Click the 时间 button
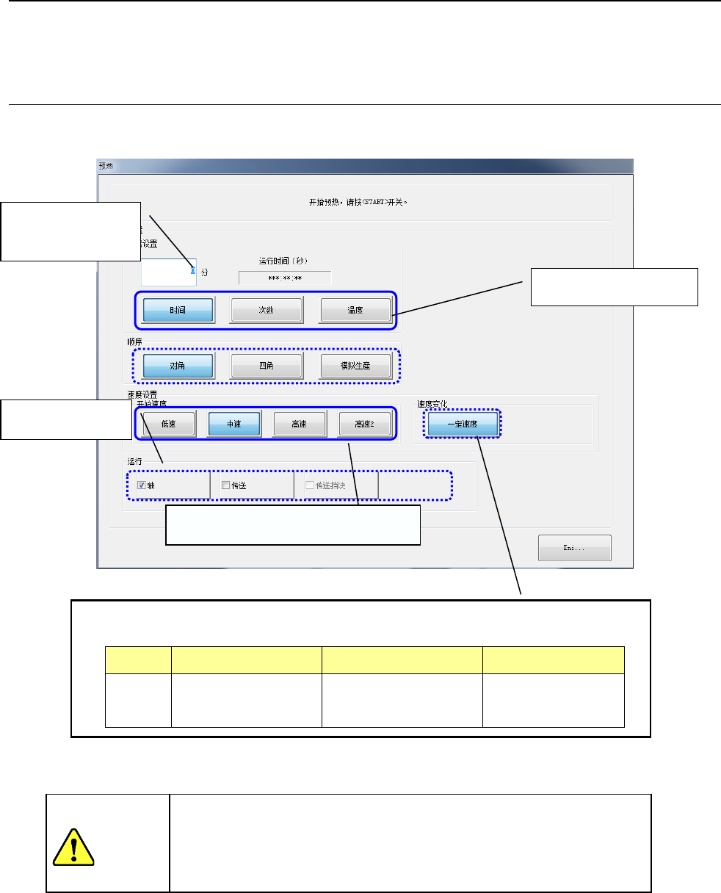coord(178,311)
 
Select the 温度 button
coord(355,311)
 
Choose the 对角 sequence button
coord(178,366)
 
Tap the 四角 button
coord(267,366)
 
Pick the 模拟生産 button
coord(355,366)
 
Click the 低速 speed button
coord(167,424)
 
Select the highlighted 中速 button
coord(233,424)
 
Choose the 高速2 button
coord(364,424)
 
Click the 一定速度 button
coord(462,424)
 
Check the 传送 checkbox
coord(225,485)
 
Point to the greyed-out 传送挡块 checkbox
coord(309,485)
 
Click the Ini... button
coord(574,548)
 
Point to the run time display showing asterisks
coord(284,278)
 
